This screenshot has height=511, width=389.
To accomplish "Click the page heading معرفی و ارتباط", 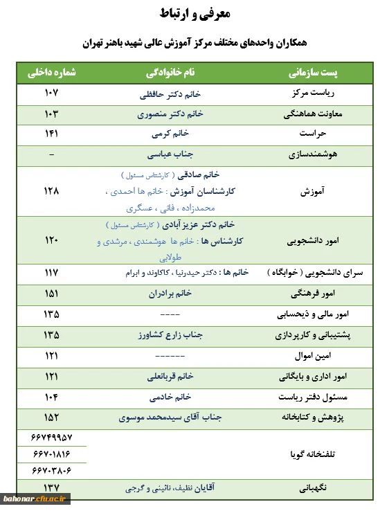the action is tap(195, 13).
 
